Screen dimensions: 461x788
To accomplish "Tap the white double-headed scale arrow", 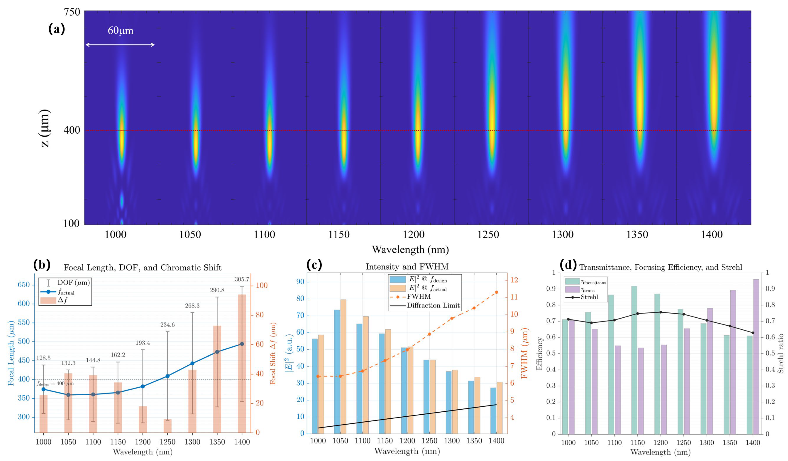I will tap(120, 45).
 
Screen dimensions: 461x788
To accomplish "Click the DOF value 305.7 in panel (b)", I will tap(242, 279).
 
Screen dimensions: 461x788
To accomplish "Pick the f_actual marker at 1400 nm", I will tap(242, 344).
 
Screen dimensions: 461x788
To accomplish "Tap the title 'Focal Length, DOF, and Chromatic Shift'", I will tap(143, 268).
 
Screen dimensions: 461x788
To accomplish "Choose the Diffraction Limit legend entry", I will tap(433, 305).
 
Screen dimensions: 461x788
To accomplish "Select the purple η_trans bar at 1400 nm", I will tap(756, 356).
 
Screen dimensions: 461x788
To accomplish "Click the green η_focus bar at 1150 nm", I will tap(634, 359).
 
